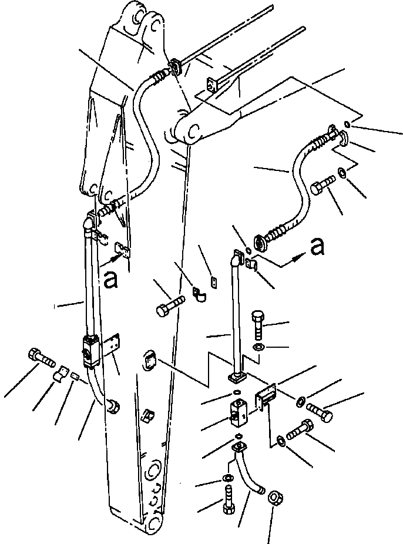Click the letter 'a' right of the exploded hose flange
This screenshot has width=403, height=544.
click(x=317, y=248)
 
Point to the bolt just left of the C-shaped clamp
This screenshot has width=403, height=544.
click(x=170, y=307)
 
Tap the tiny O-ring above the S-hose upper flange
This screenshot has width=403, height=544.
click(x=348, y=125)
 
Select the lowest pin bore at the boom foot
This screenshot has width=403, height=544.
click(x=154, y=522)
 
